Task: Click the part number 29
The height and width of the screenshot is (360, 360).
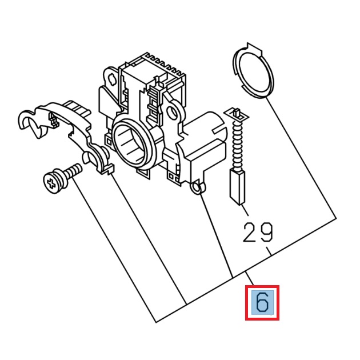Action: [x=258, y=232]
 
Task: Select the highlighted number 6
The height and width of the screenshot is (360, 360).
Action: [x=262, y=303]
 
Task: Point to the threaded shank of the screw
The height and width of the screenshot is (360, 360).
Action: [x=73, y=170]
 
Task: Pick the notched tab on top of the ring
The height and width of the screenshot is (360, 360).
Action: [x=250, y=46]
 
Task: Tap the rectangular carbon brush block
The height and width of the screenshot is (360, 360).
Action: [x=237, y=186]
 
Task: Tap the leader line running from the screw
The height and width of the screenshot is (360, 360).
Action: [x=114, y=251]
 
